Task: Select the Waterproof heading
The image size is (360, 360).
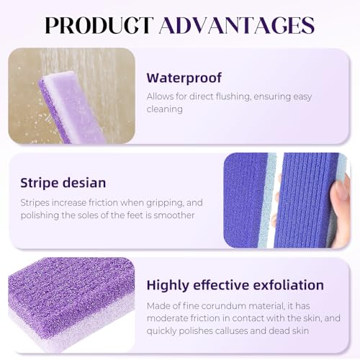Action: (184, 78)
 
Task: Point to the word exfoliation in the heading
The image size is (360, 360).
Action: (283, 285)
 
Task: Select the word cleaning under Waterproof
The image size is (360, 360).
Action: (167, 109)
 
